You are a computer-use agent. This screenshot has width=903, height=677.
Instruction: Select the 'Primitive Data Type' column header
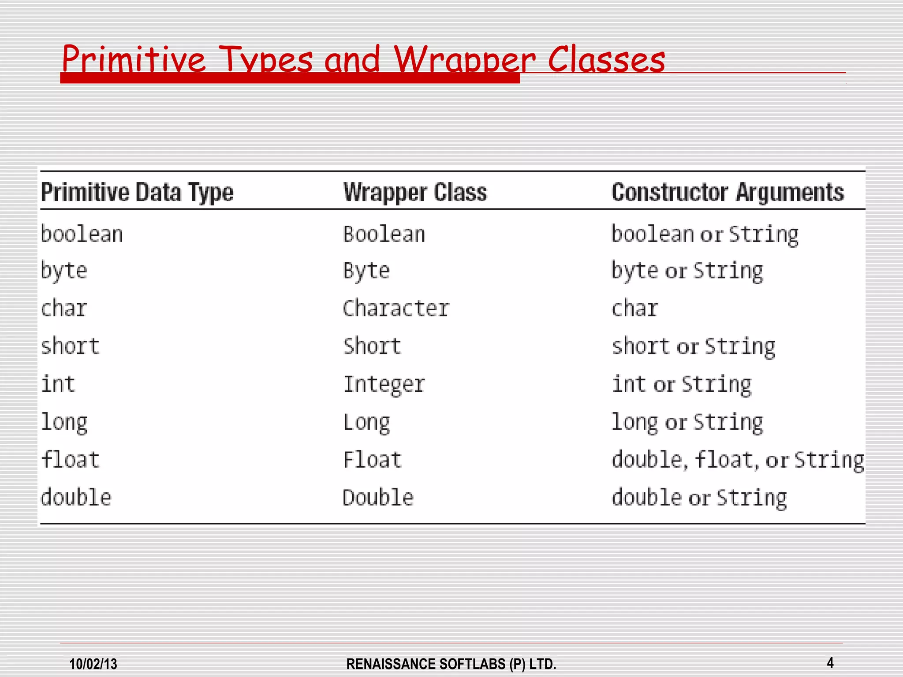coord(137,192)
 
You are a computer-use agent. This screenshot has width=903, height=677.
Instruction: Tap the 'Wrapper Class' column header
coord(415,192)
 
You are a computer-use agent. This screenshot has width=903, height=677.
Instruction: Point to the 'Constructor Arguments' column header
coord(728,192)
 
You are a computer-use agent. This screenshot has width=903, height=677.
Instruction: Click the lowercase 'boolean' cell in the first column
coord(82,234)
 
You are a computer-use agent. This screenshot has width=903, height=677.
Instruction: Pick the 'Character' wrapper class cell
coord(396,308)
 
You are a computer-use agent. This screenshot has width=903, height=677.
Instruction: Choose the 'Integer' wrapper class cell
coord(384,384)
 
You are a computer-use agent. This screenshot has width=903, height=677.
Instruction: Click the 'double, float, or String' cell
coord(738,460)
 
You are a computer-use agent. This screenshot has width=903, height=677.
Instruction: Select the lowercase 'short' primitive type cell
coord(70,346)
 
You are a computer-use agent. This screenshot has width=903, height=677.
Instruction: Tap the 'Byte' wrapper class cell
coord(366,271)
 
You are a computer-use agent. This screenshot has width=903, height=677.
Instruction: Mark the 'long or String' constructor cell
coord(687,422)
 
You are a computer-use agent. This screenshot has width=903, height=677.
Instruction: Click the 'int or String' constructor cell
coord(681,384)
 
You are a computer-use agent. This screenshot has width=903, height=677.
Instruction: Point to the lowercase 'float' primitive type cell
coord(70,460)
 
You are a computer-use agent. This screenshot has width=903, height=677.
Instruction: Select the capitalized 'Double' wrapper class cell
coord(378,498)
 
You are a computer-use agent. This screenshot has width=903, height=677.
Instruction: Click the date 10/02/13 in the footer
coord(93,664)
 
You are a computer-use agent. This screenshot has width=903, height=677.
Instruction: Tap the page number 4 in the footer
coord(830,662)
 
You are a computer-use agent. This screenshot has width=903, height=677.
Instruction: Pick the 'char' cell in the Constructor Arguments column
coord(635,308)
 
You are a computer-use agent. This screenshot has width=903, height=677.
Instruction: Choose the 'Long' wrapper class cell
coord(366,422)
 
